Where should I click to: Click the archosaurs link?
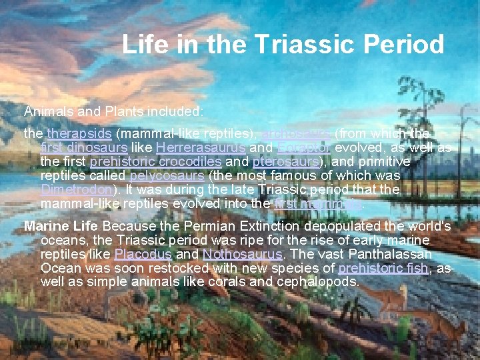coord(297,133)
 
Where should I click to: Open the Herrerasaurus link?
coord(201,147)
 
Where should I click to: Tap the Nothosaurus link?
coord(241,254)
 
